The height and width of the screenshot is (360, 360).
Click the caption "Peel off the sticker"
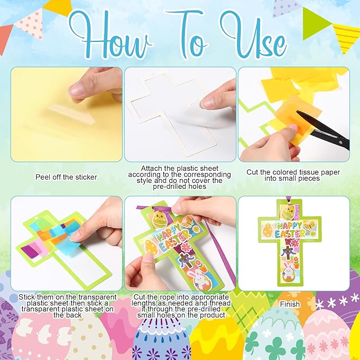coord(66,177)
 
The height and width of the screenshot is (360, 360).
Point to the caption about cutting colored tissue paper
coord(293,175)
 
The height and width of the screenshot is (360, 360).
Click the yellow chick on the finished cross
coord(288,213)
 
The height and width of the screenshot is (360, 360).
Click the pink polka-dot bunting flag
coord(29,24)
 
